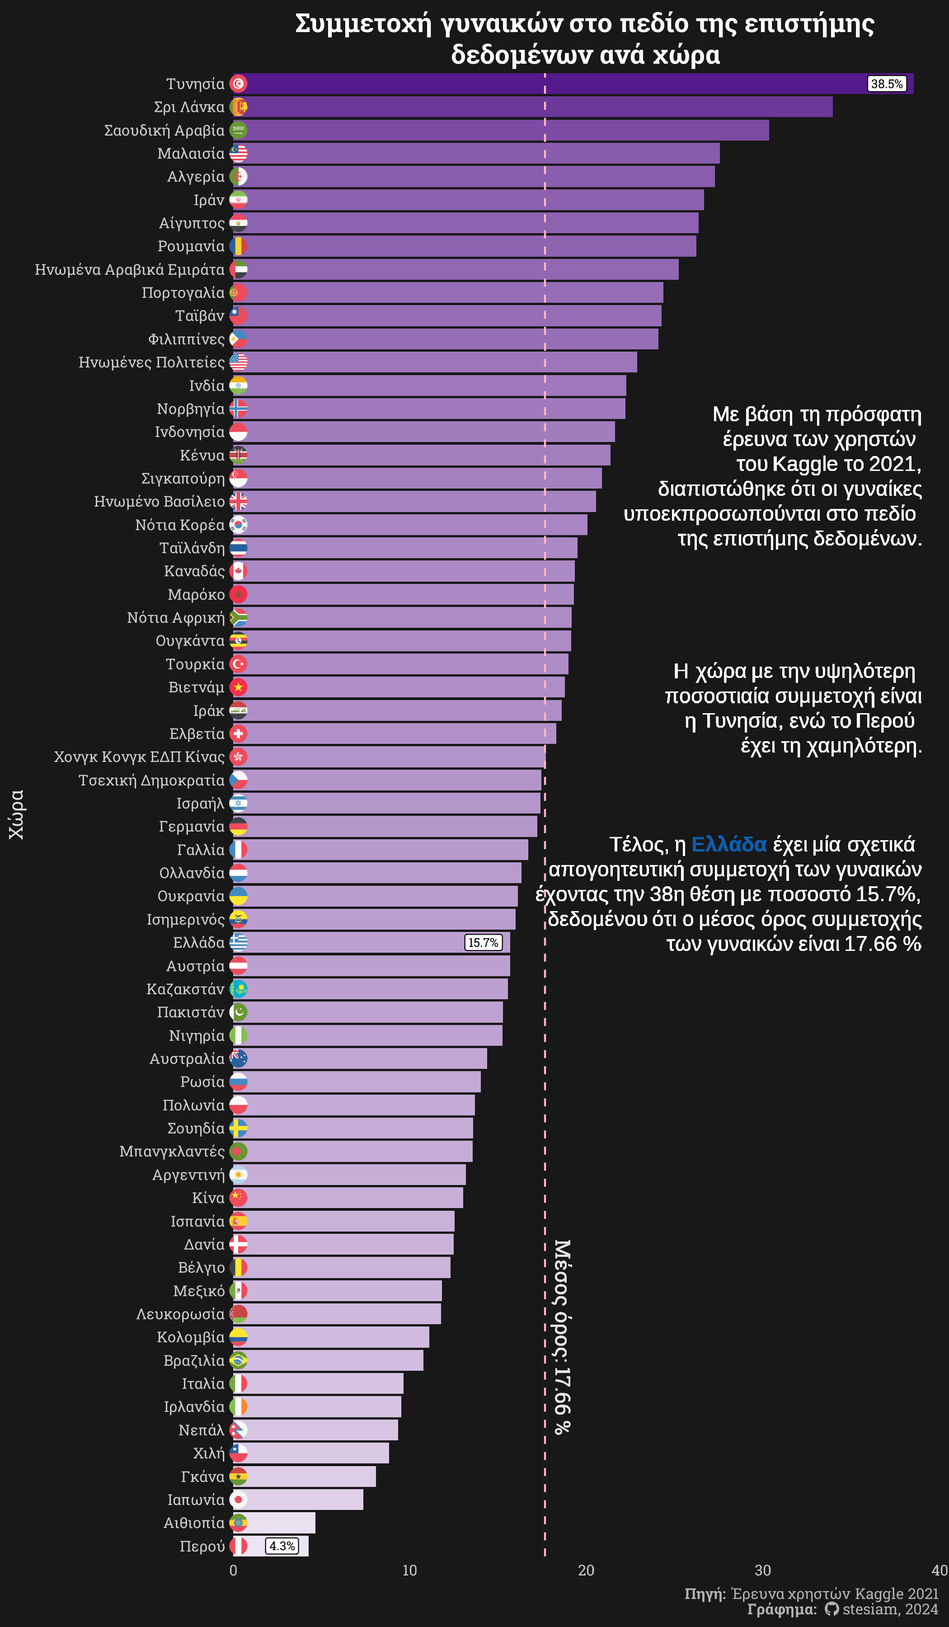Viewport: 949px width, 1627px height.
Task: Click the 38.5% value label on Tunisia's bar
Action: tap(886, 84)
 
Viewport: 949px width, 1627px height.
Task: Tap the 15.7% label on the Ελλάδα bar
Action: tap(483, 943)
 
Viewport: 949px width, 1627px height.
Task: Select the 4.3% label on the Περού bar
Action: tap(282, 1546)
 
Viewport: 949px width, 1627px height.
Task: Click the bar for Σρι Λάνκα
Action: tap(536, 107)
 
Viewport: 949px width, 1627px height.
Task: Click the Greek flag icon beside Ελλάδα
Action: tap(238, 943)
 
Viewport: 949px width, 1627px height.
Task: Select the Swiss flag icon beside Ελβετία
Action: tap(238, 734)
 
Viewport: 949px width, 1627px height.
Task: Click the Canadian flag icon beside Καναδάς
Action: tap(238, 571)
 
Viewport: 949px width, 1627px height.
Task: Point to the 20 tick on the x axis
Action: tap(586, 1570)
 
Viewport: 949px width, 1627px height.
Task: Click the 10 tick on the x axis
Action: tap(410, 1570)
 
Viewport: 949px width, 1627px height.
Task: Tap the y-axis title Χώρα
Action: tap(16, 814)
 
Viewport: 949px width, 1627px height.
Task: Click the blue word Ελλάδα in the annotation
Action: tap(729, 845)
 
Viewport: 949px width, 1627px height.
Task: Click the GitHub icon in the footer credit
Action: tap(832, 1609)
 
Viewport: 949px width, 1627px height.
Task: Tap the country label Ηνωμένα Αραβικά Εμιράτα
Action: tap(130, 270)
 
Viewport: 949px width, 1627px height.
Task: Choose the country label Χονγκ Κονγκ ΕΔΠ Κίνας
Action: tap(140, 757)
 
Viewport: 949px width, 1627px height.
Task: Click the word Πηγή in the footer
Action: tap(705, 1594)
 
